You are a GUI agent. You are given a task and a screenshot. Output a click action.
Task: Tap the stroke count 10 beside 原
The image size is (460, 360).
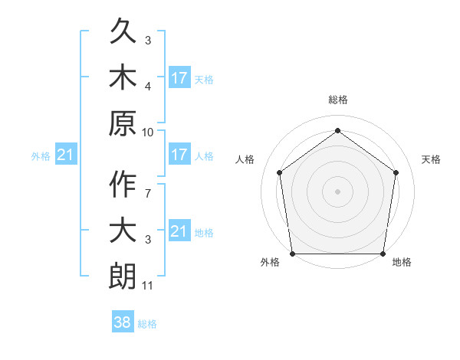click(148, 132)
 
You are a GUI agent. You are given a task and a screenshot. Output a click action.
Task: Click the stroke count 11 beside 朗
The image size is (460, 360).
click(148, 286)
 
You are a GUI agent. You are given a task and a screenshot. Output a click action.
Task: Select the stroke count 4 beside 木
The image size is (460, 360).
click(148, 86)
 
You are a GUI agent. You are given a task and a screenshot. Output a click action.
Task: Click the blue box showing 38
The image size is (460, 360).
click(123, 323)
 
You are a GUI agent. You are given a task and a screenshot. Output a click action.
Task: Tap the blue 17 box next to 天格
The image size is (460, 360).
click(179, 78)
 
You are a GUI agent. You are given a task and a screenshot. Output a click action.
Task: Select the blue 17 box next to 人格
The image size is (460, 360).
click(179, 155)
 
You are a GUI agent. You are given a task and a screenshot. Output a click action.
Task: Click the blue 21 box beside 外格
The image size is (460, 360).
click(66, 155)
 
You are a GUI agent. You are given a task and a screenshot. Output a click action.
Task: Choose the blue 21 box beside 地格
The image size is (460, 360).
click(179, 231)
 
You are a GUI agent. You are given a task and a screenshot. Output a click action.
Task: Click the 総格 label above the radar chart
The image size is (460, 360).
click(337, 100)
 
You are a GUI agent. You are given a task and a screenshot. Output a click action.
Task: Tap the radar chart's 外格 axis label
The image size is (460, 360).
click(270, 262)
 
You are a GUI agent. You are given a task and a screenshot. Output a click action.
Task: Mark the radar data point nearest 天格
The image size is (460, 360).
click(396, 172)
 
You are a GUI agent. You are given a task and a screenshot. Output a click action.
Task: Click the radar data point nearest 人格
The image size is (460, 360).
click(279, 172)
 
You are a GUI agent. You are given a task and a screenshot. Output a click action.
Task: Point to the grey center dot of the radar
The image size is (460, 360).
click(337, 191)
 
